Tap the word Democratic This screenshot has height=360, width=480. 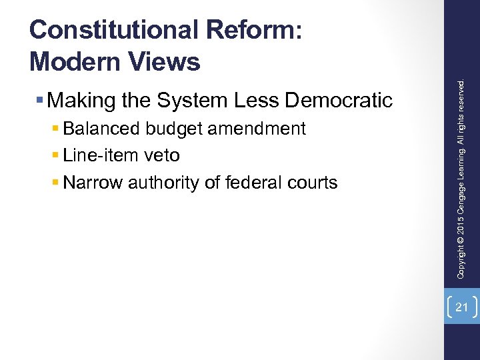pyautogui.click(x=339, y=101)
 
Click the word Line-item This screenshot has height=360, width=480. pyautogui.click(x=98, y=155)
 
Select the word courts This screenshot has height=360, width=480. pyautogui.click(x=314, y=182)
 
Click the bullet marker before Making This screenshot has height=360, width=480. pyautogui.click(x=41, y=101)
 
